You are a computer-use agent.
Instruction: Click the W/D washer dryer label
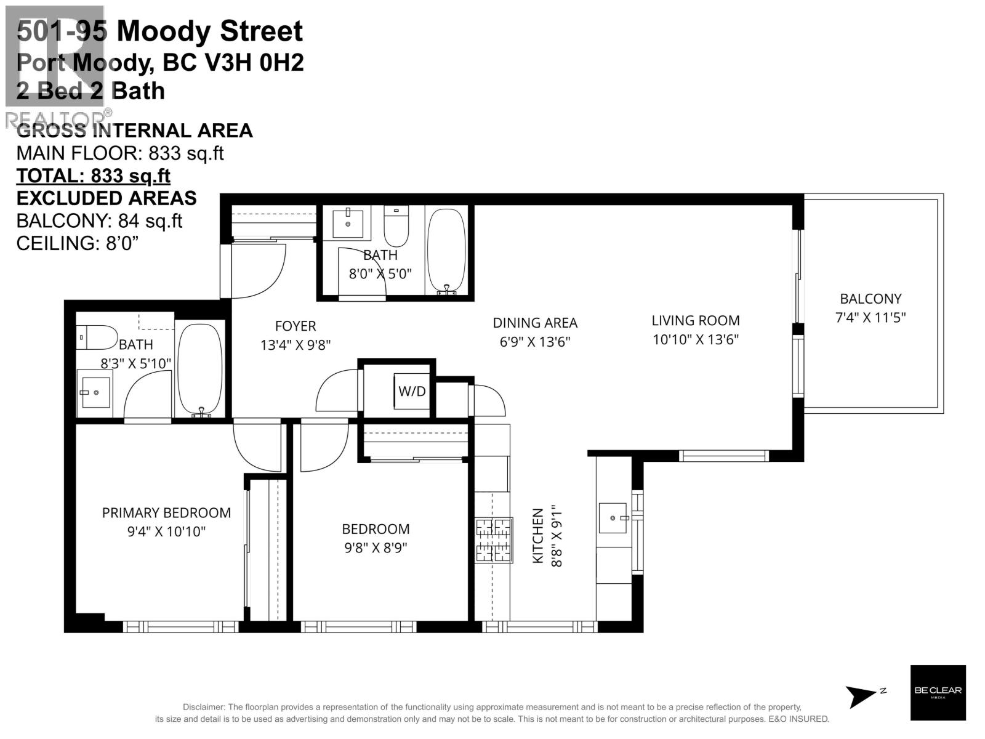(412, 391)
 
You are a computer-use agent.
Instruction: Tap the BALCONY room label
(870, 299)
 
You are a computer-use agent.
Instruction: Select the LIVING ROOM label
(696, 320)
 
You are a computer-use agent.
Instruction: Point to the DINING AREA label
(535, 323)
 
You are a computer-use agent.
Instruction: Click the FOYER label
(295, 326)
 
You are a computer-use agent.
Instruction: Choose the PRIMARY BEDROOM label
(166, 512)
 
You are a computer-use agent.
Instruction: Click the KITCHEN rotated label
(538, 536)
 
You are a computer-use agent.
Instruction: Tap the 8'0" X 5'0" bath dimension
(380, 273)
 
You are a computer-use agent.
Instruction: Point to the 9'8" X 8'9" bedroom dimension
(376, 547)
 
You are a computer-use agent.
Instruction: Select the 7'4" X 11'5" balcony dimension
(870, 318)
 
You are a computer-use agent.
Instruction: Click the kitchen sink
(613, 519)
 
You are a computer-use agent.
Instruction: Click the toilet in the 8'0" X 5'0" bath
(396, 227)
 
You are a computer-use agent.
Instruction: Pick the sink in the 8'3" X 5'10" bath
(95, 392)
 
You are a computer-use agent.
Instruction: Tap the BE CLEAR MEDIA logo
(938, 692)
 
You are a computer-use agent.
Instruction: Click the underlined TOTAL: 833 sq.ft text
(93, 176)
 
